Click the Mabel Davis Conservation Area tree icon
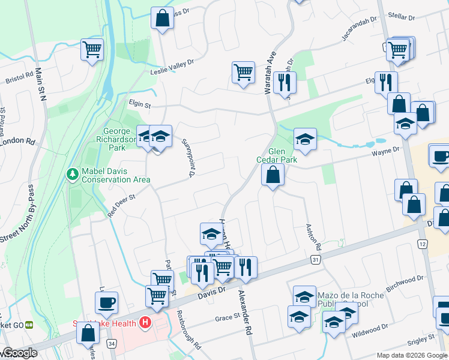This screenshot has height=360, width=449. [72, 173]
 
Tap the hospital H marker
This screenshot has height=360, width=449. [144, 323]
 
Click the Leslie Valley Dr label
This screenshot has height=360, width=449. [172, 67]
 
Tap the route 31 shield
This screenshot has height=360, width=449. [315, 259]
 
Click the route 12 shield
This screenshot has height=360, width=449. [422, 244]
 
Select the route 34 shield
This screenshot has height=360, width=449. [112, 343]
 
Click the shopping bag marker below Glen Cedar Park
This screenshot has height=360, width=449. [273, 175]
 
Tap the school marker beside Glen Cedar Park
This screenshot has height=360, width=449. [305, 139]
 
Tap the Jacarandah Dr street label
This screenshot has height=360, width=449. [359, 28]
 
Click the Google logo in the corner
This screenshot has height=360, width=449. [20, 353]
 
